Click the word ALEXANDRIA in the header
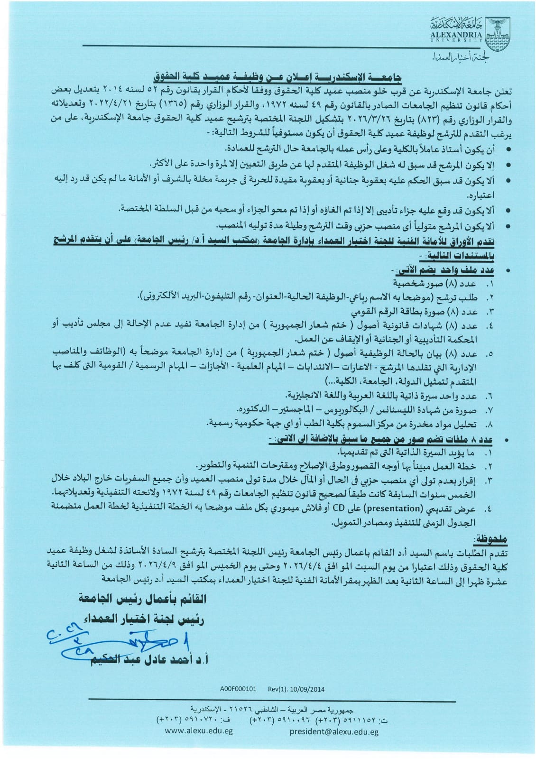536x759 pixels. coord(457,35)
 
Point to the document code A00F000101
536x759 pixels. coord(238,689)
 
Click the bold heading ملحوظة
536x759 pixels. coord(490,539)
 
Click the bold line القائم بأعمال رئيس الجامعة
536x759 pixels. coord(142,599)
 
